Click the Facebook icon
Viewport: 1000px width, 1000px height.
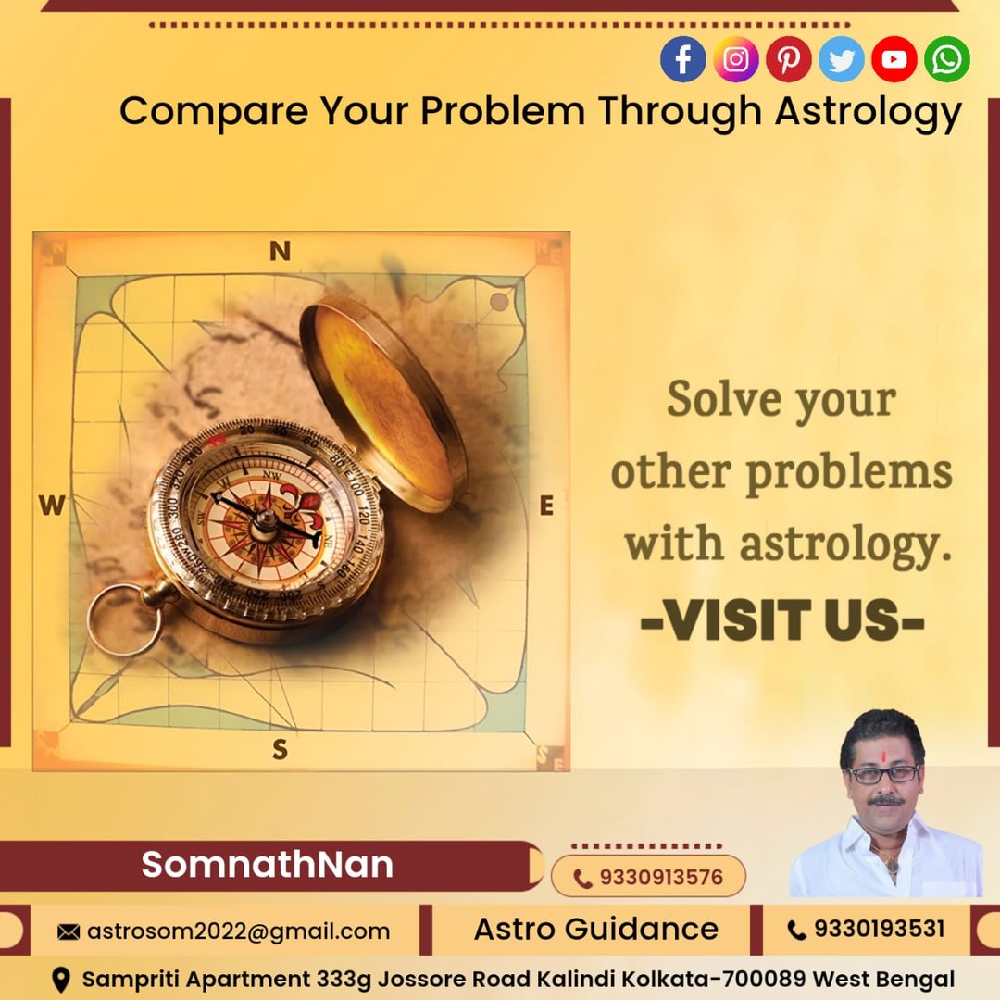682,59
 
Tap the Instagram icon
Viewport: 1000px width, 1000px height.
735,59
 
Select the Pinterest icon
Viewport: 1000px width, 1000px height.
788,59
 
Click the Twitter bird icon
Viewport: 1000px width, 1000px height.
841,59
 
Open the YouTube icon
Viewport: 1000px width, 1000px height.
894,59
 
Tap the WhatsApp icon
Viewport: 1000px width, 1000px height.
947,59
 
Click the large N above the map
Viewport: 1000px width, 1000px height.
280,251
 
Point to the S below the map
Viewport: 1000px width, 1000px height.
280,749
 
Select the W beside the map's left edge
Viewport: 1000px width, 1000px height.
52,506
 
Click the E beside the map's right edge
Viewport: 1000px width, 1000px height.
546,506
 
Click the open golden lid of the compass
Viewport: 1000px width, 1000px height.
382,402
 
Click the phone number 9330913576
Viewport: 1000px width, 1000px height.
661,878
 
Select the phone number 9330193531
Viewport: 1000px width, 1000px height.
879,929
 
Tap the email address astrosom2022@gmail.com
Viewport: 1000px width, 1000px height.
238,931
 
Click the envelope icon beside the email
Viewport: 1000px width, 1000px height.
69,932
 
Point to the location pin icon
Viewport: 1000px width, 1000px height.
60,980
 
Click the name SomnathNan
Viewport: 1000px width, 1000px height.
268,864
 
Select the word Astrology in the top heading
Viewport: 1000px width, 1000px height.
868,112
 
